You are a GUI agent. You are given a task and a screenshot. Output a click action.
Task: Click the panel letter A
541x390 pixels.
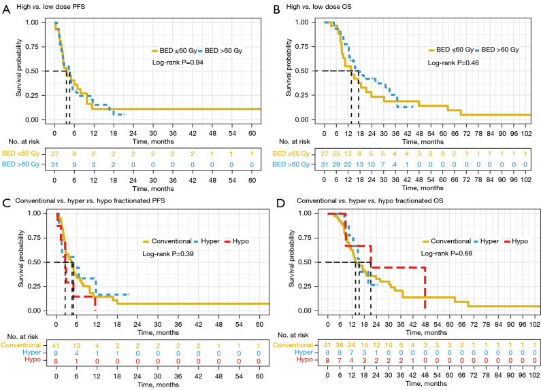tap(5, 7)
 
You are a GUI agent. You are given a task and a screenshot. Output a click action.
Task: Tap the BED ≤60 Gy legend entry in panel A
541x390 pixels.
tap(169, 50)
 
